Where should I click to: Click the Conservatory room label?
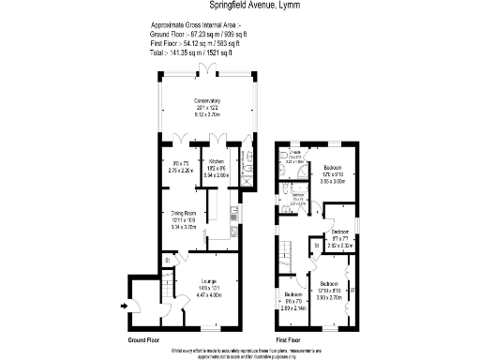pyautogui.click(x=206, y=100)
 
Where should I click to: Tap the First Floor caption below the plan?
pyautogui.click(x=289, y=338)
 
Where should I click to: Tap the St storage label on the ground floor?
pyautogui.click(x=167, y=259)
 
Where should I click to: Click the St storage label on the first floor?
pyautogui.click(x=317, y=246)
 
